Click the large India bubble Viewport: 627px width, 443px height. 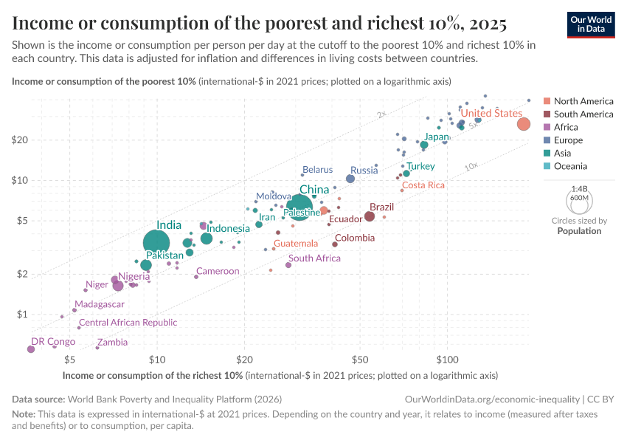pos(156,243)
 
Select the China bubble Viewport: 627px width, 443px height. pos(299,207)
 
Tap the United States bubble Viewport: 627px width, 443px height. pos(523,124)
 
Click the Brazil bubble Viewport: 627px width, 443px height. pos(370,216)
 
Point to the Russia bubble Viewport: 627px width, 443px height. pos(350,179)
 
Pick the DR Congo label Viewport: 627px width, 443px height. pos(52,342)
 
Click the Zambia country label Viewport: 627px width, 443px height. pos(112,343)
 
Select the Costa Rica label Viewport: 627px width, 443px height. pos(423,185)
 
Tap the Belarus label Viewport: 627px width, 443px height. pos(317,170)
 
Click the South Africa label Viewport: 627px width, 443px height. pos(314,258)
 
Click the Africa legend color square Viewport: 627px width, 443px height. pos(547,127)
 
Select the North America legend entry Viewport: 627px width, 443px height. pos(583,101)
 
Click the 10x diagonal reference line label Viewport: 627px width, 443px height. pos(471,168)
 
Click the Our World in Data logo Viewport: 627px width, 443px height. pos(592,24)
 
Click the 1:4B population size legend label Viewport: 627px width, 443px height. pos(579,189)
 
